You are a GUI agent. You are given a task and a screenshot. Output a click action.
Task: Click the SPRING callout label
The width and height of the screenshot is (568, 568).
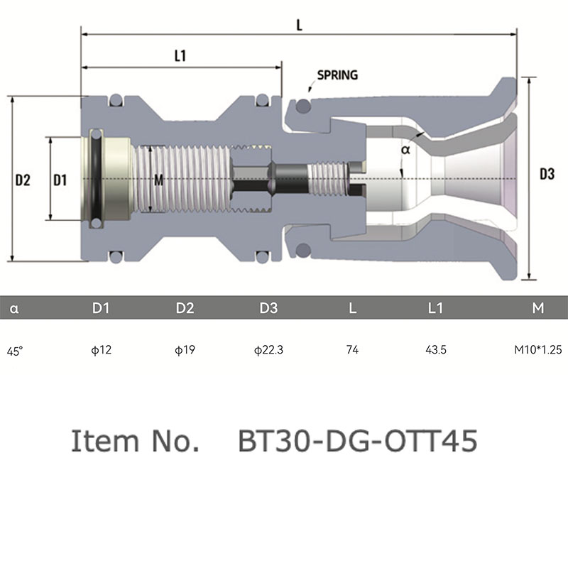click(x=337, y=75)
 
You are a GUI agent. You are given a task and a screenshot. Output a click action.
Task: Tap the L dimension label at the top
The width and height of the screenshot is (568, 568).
click(x=299, y=25)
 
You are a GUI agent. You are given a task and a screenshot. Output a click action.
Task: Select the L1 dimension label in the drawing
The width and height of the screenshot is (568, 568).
click(x=180, y=56)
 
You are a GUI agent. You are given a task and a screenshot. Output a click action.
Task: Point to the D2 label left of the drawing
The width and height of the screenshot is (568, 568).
click(x=23, y=180)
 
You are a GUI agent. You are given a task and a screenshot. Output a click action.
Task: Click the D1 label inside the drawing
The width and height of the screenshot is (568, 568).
click(x=60, y=180)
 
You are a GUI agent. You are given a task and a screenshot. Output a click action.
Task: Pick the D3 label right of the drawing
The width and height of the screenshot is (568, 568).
click(x=547, y=174)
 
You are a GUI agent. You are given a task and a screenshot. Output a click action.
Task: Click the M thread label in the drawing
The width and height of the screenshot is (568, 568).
click(x=158, y=180)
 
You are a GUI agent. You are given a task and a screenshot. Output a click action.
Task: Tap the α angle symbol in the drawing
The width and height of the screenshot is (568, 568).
click(x=405, y=149)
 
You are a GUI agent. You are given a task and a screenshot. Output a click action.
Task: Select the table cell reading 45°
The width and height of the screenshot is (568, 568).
click(x=15, y=351)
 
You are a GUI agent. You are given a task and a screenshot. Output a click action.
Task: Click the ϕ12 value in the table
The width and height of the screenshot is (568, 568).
click(x=101, y=350)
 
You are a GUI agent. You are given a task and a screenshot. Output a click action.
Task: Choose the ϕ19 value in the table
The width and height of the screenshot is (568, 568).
click(x=185, y=350)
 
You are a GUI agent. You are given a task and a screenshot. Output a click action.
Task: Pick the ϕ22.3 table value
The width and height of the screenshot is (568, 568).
click(x=268, y=350)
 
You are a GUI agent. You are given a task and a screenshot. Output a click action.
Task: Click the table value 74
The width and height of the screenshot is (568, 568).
click(x=352, y=349)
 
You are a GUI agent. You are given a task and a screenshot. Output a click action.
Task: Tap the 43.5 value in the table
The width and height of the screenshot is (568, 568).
click(x=436, y=349)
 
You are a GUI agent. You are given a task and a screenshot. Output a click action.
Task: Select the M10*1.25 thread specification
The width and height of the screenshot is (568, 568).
click(x=538, y=349)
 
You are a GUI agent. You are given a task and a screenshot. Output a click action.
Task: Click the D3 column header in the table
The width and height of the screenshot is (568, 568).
click(x=268, y=308)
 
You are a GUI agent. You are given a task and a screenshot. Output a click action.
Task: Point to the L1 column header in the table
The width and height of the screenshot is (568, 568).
click(x=435, y=308)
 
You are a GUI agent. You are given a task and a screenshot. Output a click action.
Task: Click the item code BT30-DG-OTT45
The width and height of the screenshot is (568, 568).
click(x=358, y=441)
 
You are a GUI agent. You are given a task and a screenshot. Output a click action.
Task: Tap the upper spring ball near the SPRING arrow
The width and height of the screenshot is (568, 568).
click(x=303, y=106)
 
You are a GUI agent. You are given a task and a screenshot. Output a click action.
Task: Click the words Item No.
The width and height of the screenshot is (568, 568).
click(x=135, y=441)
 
